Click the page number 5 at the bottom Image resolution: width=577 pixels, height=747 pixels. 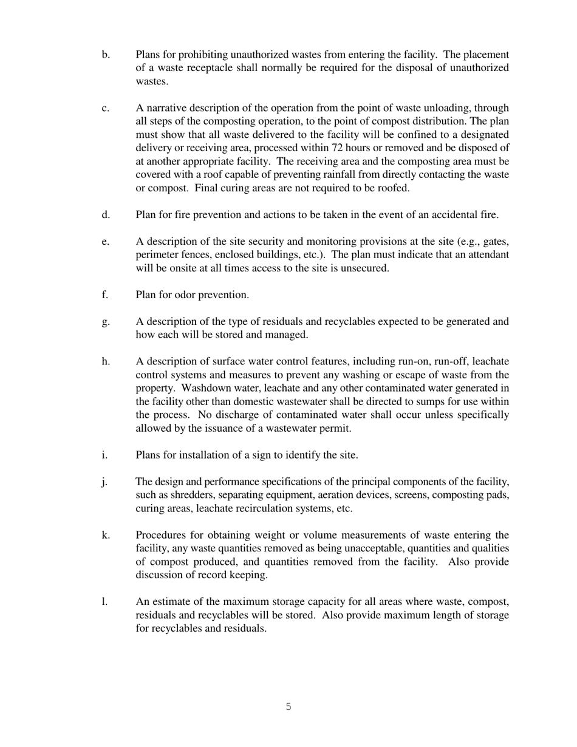coord(288,706)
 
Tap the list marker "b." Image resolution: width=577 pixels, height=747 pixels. coord(106,55)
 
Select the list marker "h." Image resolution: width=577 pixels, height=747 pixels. coord(106,361)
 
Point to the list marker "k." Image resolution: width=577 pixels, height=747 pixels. coord(106,535)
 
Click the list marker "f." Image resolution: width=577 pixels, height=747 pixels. coord(105,295)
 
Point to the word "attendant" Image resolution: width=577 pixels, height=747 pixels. coord(487,255)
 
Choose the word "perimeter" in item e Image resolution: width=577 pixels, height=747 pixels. coord(157,255)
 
